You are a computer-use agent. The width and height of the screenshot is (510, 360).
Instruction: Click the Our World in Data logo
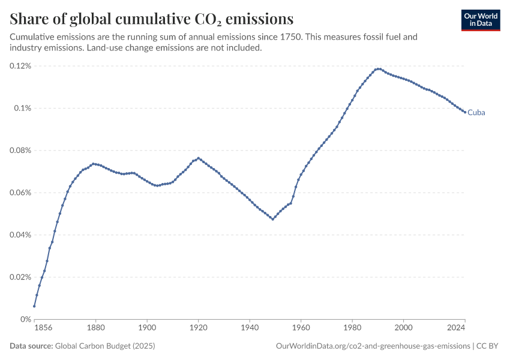click(x=481, y=20)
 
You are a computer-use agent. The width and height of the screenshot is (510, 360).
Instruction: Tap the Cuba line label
click(x=476, y=113)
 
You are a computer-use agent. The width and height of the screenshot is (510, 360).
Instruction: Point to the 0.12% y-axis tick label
click(x=20, y=66)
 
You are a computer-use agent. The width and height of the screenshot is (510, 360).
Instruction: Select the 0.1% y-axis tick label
click(x=22, y=108)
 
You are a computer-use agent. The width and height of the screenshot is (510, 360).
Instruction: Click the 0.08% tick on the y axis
click(x=20, y=151)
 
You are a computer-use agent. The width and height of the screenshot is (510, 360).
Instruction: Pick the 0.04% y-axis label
click(x=20, y=235)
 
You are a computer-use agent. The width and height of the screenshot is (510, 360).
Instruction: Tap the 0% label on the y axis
click(x=26, y=319)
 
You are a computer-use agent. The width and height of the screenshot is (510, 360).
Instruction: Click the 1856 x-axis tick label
click(x=43, y=328)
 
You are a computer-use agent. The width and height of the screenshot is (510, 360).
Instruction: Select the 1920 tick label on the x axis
click(x=199, y=328)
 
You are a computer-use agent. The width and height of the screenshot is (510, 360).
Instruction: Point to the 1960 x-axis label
click(x=301, y=328)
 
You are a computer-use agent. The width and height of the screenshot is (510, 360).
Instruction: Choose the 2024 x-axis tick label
click(x=456, y=328)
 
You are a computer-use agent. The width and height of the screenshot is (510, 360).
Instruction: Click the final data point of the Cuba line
click(x=465, y=112)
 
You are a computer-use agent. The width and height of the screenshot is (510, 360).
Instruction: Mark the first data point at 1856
click(x=34, y=307)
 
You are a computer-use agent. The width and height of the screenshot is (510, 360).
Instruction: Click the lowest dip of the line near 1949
click(x=272, y=219)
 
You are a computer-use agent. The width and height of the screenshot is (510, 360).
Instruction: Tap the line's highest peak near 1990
click(x=378, y=69)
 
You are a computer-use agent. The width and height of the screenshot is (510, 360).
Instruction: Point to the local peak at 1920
click(x=199, y=158)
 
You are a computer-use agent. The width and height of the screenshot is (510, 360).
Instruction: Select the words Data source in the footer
click(x=31, y=346)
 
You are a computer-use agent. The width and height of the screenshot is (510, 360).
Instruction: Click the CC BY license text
click(x=487, y=346)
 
